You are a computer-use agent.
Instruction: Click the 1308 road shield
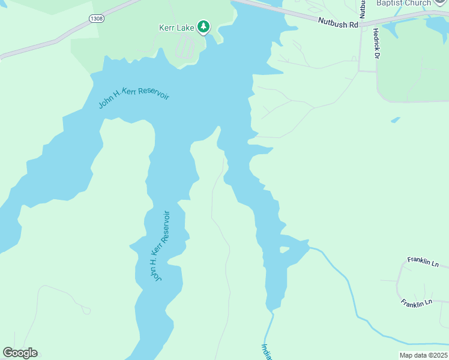[95, 19]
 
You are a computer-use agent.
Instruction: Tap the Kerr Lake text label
[177, 28]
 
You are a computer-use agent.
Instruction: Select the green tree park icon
[204, 26]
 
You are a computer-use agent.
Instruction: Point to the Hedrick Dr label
[376, 43]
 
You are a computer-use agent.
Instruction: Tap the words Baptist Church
[403, 3]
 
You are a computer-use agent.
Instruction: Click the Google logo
[20, 353]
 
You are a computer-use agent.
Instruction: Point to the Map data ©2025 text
[423, 355]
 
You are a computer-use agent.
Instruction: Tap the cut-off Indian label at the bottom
[267, 352]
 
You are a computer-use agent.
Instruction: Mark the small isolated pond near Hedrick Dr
[395, 120]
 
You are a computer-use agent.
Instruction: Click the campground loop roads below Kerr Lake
[185, 47]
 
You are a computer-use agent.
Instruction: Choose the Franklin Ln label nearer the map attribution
[416, 303]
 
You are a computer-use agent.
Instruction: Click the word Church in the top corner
[417, 3]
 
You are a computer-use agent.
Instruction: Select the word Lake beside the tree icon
[185, 28]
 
